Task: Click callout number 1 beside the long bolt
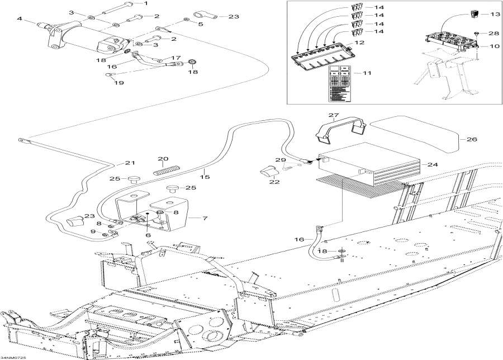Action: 146,3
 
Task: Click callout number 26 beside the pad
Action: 472,139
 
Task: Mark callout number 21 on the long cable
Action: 130,163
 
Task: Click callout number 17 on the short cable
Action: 176,58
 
